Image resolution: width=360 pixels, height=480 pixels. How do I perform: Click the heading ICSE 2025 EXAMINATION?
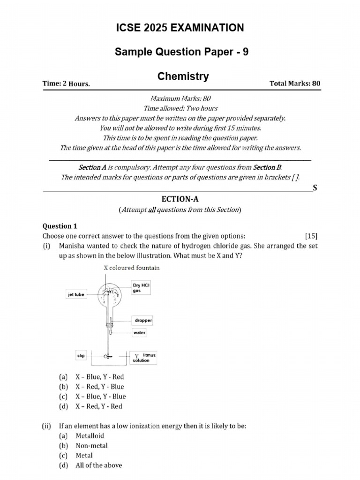180,28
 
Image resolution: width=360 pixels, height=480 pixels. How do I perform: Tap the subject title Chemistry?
183,76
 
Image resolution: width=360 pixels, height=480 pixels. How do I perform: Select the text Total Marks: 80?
295,83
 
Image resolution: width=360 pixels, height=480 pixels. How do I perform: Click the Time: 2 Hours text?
66,84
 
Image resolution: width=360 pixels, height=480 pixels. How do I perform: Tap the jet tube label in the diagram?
75,295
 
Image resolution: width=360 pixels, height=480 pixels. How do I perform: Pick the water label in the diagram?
140,333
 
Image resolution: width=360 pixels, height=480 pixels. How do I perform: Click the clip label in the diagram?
81,356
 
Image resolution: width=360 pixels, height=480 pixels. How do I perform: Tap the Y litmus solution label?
142,358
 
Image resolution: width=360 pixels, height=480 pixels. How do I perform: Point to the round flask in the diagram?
109,295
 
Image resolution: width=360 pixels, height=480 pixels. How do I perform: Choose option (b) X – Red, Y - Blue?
99,387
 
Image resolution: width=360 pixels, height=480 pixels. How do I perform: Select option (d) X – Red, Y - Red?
98,406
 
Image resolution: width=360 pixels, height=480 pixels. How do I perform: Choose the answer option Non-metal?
91,445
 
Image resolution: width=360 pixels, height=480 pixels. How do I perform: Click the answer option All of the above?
98,465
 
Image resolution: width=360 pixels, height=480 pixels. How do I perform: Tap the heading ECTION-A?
180,199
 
